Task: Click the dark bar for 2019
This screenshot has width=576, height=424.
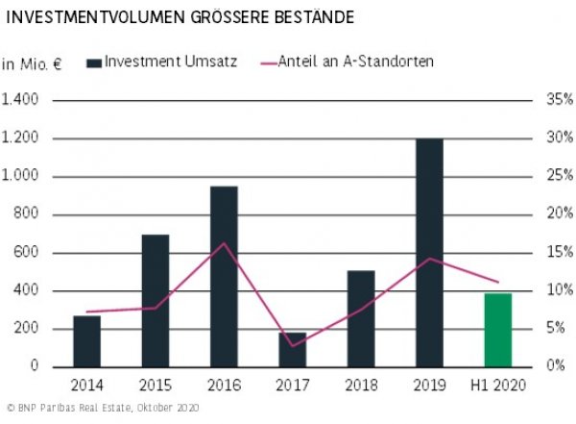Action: [429, 253]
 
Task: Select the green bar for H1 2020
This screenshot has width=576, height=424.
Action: [497, 330]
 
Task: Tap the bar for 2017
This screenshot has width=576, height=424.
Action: [293, 350]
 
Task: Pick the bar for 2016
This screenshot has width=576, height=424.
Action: [224, 277]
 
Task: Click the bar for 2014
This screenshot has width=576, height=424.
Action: [87, 341]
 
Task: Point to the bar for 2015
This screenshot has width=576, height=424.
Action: [156, 301]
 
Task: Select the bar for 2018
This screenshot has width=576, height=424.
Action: [361, 318]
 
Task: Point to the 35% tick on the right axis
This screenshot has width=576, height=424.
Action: [561, 100]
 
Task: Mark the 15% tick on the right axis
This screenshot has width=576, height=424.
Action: [561, 253]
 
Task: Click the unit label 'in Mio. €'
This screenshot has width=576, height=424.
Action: [32, 64]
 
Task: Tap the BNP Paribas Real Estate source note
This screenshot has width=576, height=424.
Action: [101, 410]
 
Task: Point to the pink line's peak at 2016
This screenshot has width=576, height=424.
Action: [224, 243]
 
